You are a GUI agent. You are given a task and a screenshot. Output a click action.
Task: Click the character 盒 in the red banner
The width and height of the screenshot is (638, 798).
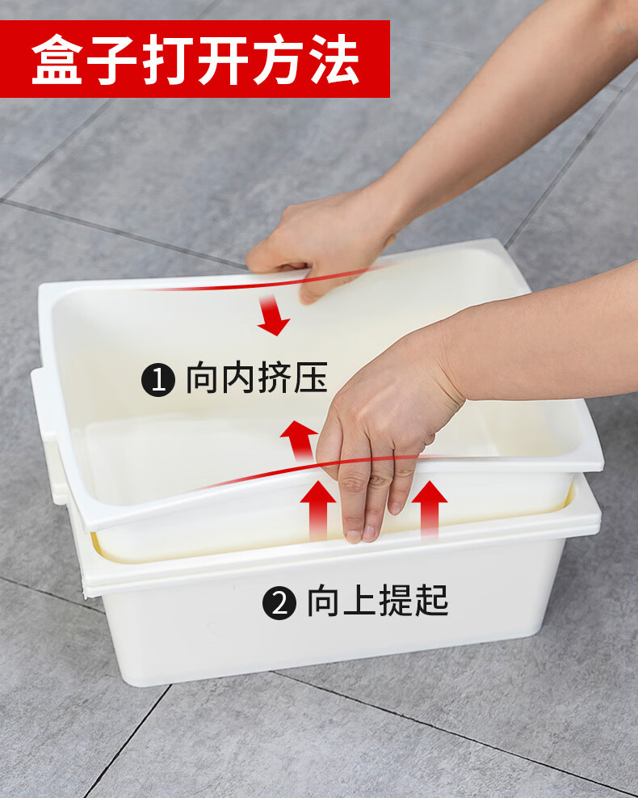57,59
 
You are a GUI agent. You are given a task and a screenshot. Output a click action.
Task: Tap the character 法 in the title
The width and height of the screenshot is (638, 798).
335,59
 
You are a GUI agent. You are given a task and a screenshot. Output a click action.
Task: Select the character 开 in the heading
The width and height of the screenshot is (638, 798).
224,59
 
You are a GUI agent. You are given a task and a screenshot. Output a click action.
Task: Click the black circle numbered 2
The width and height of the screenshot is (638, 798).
279,603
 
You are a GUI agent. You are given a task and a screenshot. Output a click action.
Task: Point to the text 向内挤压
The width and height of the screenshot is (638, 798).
257,378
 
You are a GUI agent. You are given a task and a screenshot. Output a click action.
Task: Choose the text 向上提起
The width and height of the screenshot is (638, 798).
378,601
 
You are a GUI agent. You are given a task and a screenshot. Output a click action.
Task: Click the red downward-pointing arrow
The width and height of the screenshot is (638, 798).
272,315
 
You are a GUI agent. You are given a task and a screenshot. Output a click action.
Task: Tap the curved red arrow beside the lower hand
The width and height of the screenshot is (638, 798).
300,440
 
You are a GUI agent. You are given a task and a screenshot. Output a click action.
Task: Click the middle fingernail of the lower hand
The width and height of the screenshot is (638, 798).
367,533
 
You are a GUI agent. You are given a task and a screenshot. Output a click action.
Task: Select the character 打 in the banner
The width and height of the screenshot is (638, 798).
168,59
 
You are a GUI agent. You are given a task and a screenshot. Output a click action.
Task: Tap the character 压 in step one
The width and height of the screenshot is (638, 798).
310,378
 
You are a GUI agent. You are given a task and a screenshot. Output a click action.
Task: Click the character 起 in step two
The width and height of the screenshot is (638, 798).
431,601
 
